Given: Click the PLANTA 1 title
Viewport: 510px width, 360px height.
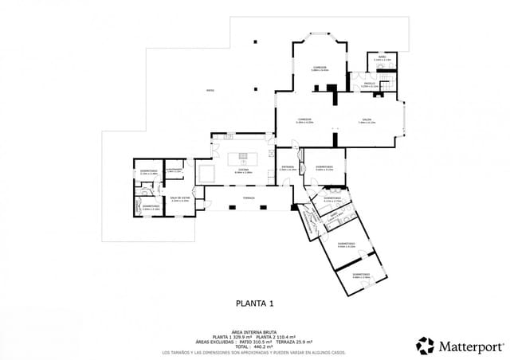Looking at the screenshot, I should point(255,303).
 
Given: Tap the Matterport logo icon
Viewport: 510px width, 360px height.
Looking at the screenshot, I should point(426,346).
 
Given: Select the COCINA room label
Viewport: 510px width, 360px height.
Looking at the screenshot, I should point(243,170).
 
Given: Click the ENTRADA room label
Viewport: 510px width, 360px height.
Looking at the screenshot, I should point(288,168).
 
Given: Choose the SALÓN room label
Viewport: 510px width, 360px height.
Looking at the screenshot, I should point(367,121).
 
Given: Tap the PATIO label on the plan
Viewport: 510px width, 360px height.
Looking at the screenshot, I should point(210,90).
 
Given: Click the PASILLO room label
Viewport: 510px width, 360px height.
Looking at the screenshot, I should point(370,83).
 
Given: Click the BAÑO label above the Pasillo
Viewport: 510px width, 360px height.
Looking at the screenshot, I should point(382,57).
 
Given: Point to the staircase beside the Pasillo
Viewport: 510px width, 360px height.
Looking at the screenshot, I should point(387,84).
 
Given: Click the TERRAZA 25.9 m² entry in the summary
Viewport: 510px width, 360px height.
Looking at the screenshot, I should point(291,342).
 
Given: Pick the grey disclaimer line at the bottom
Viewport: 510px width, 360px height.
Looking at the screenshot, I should point(254,351).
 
